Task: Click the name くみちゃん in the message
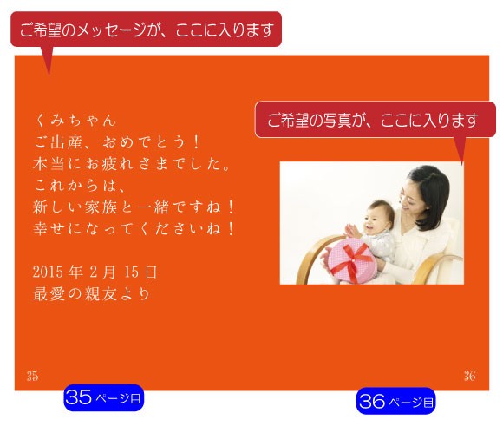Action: pyautogui.click(x=75, y=120)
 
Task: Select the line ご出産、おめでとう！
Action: pyautogui.click(x=118, y=141)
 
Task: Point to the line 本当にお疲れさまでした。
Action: pyautogui.click(x=132, y=163)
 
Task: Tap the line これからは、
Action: pyautogui.click(x=80, y=185)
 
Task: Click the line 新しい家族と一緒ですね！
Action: pyautogui.click(x=134, y=207)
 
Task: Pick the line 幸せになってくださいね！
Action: pyautogui.click(x=134, y=228)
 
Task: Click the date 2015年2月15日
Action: pyautogui.click(x=95, y=272)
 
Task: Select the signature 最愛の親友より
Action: pyautogui.click(x=91, y=293)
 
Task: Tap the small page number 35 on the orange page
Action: pyautogui.click(x=32, y=376)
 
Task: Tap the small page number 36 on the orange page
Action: pyautogui.click(x=470, y=376)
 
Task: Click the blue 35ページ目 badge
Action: pyautogui.click(x=103, y=397)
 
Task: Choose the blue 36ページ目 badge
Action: pyautogui.click(x=395, y=401)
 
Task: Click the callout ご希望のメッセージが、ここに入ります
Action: pyautogui.click(x=147, y=30)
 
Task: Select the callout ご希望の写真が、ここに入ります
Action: pyautogui.click(x=376, y=120)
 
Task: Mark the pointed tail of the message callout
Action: pyautogui.click(x=49, y=75)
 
